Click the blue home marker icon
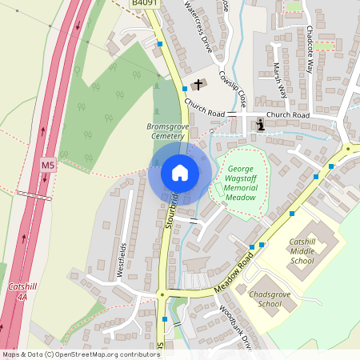click(180, 173)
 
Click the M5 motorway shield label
click(49, 166)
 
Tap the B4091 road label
click(144, 4)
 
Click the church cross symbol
click(199, 84)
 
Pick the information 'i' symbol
click(260, 125)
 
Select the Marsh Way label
click(280, 80)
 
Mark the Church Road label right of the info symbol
click(288, 115)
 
